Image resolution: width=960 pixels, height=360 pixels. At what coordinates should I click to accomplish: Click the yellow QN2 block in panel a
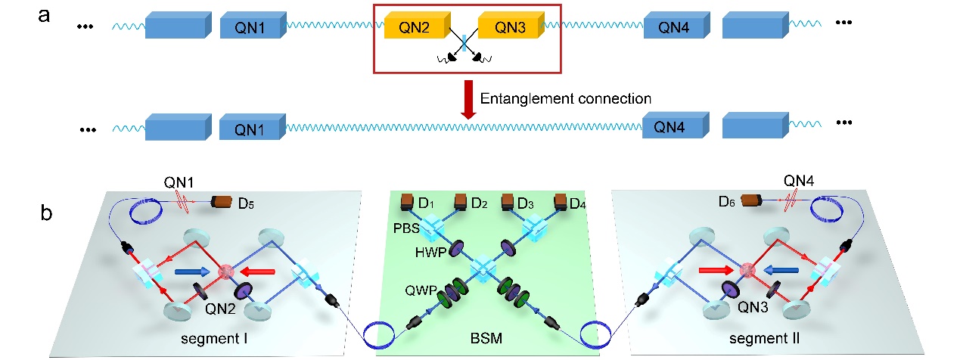(415, 27)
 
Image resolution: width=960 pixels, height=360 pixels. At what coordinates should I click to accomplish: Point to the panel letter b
(46, 213)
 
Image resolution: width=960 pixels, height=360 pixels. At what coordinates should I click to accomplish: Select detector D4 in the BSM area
(561, 202)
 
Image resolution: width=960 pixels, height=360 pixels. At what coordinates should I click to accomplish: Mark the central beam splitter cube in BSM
(481, 268)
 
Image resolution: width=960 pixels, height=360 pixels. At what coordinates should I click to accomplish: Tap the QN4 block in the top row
(673, 28)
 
